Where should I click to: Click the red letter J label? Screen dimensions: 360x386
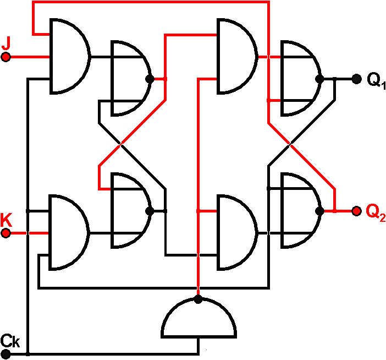[6, 42]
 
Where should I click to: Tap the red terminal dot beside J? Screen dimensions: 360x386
[6, 57]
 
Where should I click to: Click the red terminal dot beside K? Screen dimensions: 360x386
[6, 233]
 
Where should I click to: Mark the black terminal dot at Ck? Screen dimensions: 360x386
[6, 353]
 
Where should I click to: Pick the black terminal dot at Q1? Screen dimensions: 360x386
[356, 79]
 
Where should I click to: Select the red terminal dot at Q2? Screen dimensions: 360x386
[356, 210]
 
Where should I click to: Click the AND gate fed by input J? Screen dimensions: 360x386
[68, 56]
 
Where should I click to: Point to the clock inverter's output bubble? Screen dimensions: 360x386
[198, 299]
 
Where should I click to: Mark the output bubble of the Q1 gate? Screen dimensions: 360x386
[319, 79]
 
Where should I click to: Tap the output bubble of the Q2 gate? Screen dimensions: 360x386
[319, 210]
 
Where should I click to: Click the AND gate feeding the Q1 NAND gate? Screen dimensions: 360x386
[236, 56]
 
